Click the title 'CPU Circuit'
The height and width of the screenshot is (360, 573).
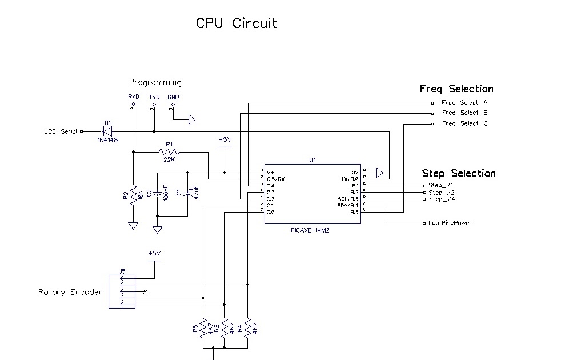tap(237, 23)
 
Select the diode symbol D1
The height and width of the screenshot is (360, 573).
tap(106, 131)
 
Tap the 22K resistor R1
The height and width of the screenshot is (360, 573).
tap(169, 152)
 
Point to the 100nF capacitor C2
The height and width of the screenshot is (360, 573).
tap(157, 194)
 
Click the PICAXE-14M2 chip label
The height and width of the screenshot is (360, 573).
tap(311, 230)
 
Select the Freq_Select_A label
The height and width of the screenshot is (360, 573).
tap(464, 103)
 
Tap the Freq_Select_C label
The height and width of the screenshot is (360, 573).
tap(464, 123)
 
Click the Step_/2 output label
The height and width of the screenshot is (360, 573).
tap(442, 193)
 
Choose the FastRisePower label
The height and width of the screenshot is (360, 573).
tap(450, 223)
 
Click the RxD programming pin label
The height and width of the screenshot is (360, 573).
tap(134, 97)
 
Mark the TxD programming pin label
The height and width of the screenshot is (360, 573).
tap(154, 97)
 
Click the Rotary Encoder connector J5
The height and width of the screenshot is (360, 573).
tap(122, 291)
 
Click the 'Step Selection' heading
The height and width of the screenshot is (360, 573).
tap(459, 173)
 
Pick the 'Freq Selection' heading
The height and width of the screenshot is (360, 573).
tap(456, 89)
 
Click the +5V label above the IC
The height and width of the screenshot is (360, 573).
tap(225, 140)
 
